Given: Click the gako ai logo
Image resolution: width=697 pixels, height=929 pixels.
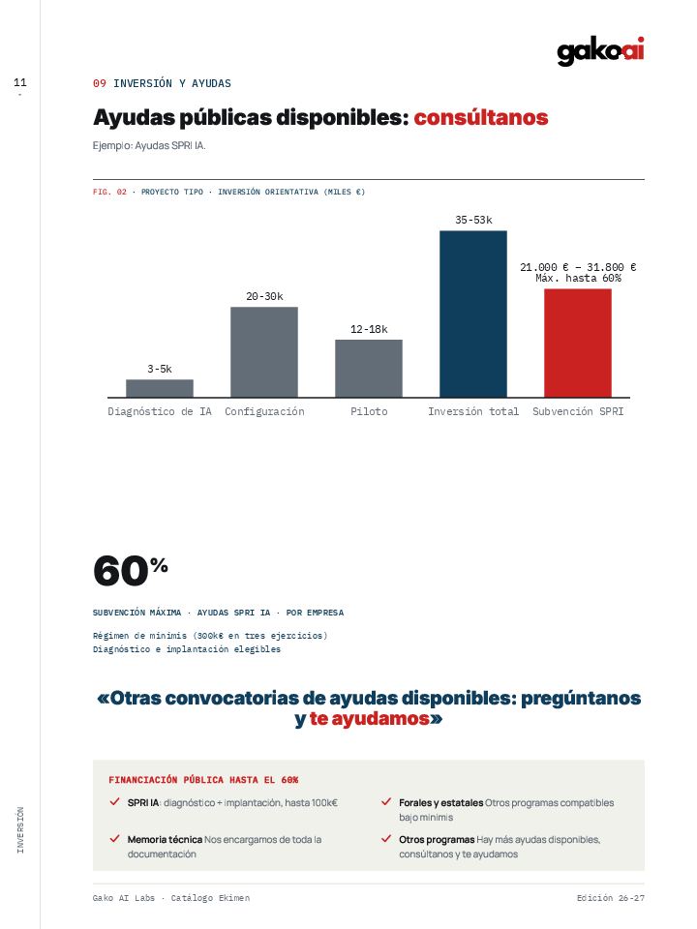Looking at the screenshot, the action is click(x=600, y=51).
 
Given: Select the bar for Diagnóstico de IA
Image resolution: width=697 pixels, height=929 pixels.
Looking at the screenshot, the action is click(x=160, y=388).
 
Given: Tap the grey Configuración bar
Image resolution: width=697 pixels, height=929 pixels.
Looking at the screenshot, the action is click(x=264, y=352).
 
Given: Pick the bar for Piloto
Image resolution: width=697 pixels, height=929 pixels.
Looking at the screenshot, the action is click(x=369, y=369).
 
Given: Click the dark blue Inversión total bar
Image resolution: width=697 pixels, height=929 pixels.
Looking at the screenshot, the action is click(x=473, y=314).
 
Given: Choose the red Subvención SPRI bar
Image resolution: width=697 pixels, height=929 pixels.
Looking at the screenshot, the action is click(x=578, y=343).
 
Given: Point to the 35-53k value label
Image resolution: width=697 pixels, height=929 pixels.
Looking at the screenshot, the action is click(x=473, y=220).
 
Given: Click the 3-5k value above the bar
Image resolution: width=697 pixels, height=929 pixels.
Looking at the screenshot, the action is click(x=160, y=369).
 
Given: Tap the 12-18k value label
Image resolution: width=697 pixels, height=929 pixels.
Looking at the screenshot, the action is click(x=369, y=329).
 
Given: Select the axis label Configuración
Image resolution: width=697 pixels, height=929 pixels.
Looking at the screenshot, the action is click(x=264, y=411).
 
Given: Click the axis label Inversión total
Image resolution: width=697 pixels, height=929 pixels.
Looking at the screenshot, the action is click(x=473, y=411).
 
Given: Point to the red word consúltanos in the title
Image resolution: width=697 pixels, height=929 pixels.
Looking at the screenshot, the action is click(x=481, y=117).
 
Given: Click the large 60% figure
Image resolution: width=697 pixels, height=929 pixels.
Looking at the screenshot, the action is click(x=131, y=570).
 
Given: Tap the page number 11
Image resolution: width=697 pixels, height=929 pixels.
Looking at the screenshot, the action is click(x=20, y=82).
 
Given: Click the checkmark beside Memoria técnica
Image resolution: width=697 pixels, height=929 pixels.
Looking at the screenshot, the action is click(x=115, y=838).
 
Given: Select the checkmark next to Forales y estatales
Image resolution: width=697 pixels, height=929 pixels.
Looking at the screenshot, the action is click(x=386, y=801).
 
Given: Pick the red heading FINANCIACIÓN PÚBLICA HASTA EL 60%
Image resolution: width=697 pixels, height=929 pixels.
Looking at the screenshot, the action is click(x=203, y=780).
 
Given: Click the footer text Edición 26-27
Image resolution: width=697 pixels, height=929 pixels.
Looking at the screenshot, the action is click(x=611, y=898).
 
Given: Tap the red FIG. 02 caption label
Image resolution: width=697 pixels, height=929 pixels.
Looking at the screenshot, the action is click(x=109, y=192).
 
